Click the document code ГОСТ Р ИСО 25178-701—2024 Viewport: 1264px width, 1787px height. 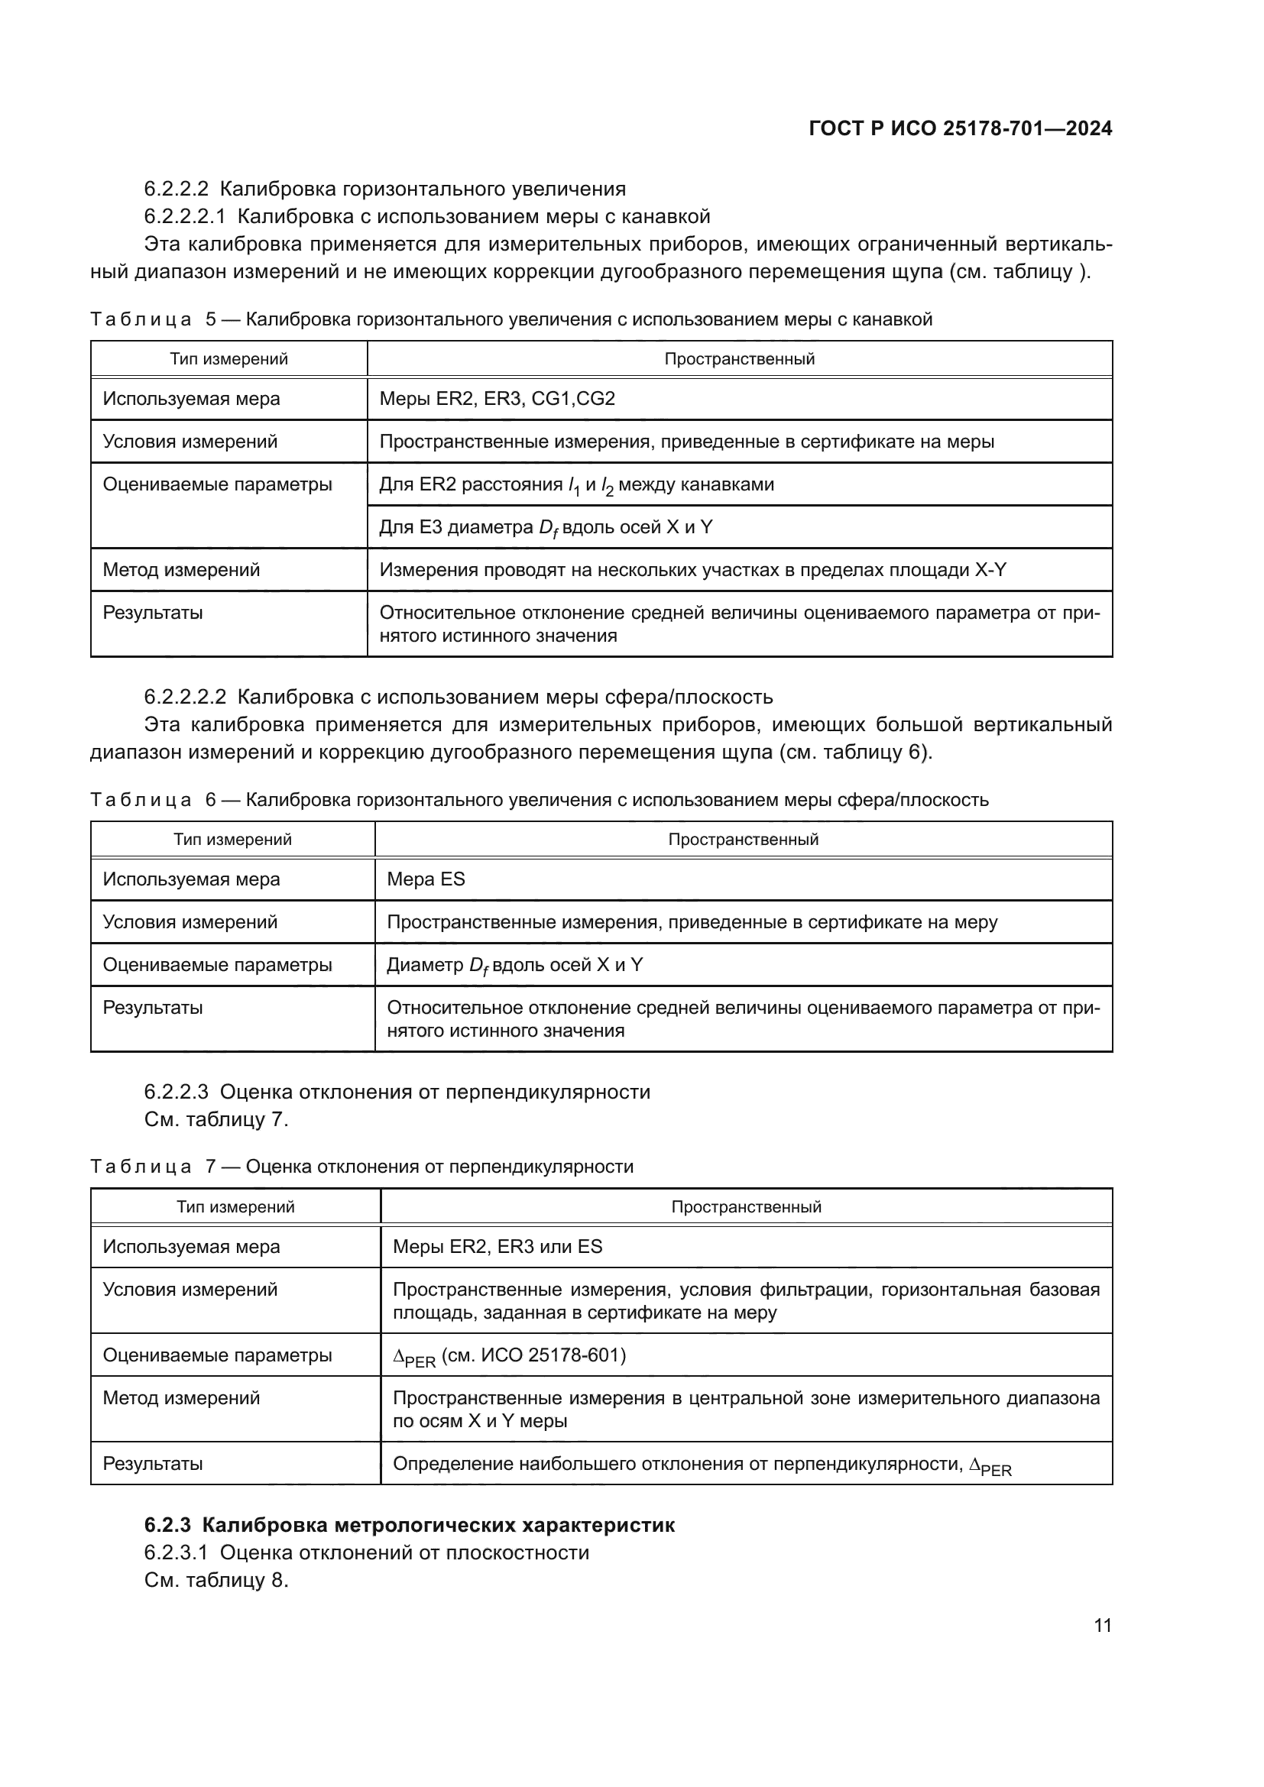click(x=961, y=128)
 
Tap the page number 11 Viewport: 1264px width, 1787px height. click(x=1102, y=1625)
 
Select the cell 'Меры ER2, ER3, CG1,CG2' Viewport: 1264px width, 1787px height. click(x=497, y=400)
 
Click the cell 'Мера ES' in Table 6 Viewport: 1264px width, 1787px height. click(x=426, y=879)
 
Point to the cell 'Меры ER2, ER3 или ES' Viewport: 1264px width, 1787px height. click(x=497, y=1247)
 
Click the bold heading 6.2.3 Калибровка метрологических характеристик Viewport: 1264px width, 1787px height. click(x=410, y=1525)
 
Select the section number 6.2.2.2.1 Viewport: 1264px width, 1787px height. click(x=184, y=216)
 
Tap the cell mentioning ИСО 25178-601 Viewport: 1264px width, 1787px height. click(x=509, y=1357)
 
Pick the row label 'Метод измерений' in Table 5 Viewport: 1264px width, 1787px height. click(x=181, y=570)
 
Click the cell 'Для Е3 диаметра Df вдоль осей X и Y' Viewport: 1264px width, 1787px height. click(x=545, y=528)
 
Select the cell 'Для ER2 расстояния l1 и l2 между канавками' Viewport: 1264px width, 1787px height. click(x=576, y=485)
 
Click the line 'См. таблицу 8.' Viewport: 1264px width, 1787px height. click(x=216, y=1581)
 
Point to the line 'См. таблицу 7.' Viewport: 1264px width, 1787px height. click(x=216, y=1120)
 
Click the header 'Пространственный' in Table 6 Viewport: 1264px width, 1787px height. click(x=743, y=840)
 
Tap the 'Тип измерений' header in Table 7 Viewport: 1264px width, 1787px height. click(x=235, y=1207)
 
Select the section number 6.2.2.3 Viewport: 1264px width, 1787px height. click(x=176, y=1092)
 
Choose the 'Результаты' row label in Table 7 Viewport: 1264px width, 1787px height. click(x=153, y=1463)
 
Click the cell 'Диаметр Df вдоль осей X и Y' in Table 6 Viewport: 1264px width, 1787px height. click(x=514, y=965)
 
